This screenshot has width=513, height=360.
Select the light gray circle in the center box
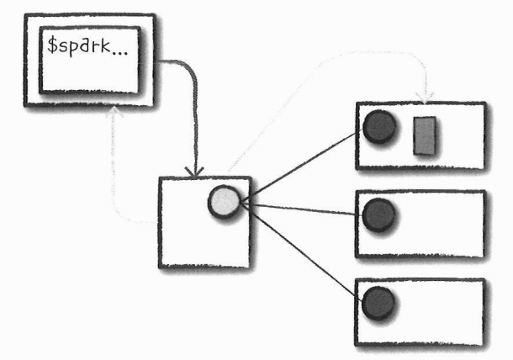[x=225, y=202]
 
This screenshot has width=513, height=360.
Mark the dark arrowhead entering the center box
[x=196, y=171]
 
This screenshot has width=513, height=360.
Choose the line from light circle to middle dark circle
[x=303, y=209]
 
